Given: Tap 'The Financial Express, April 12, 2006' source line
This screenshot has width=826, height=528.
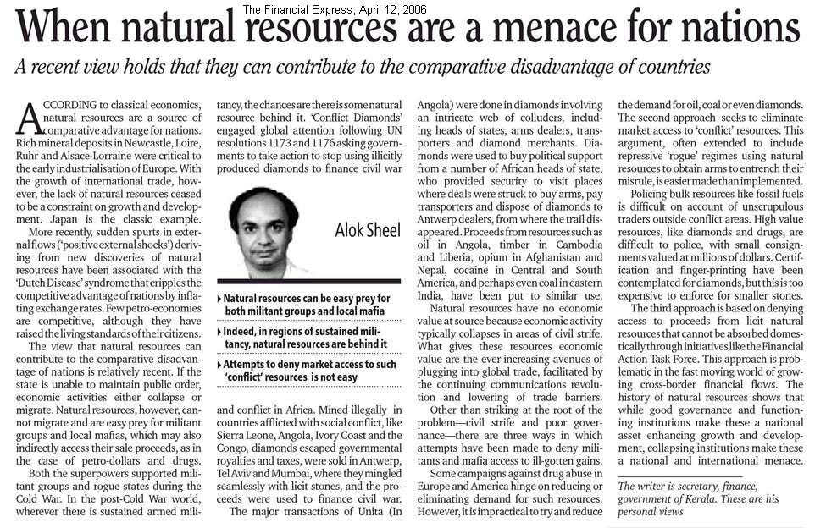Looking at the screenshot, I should point(334,9).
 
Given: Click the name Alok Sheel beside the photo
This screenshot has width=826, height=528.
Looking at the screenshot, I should point(366,230).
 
